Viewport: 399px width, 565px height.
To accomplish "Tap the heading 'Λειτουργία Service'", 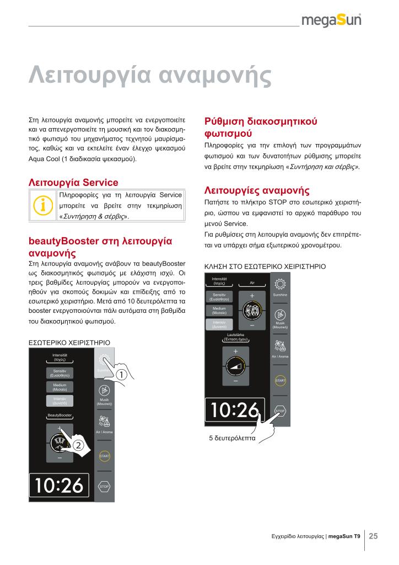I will click(x=73, y=182).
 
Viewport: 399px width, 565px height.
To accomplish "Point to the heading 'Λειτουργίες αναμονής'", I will click(x=257, y=190).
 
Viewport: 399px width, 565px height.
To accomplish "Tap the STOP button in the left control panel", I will click(x=104, y=487).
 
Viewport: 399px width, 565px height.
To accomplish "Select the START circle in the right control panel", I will click(x=279, y=381).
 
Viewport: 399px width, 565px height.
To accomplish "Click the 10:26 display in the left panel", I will click(x=60, y=486).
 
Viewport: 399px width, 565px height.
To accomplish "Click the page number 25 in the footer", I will click(x=373, y=536).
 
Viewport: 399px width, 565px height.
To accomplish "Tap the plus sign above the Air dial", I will click(x=252, y=296).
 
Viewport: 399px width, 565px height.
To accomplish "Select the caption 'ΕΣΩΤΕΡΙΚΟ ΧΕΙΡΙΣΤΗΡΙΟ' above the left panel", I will click(x=66, y=343).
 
